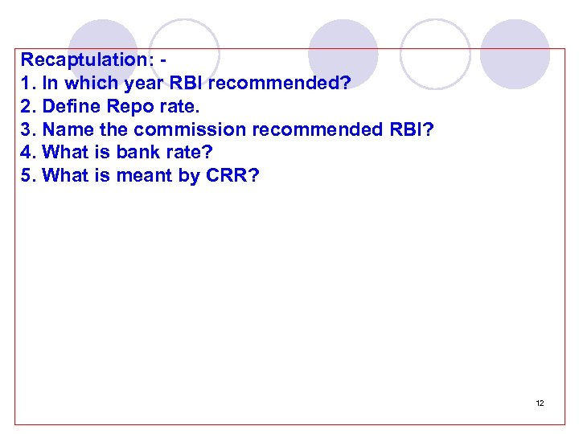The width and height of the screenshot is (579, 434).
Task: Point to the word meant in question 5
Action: coord(145,176)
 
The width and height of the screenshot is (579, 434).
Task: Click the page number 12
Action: coord(540,403)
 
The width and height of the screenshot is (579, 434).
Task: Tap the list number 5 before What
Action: coord(27,176)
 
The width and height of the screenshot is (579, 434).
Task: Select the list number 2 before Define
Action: coord(27,106)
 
